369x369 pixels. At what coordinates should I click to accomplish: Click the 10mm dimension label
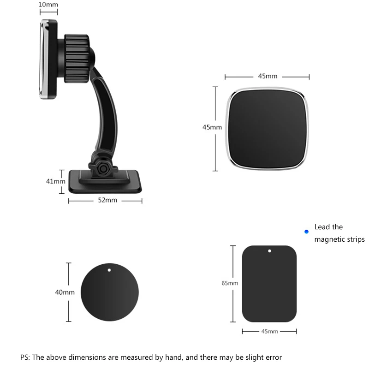coord(48,5)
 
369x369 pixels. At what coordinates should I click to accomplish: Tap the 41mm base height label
coord(55,181)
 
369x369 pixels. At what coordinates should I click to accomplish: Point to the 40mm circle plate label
coord(65,292)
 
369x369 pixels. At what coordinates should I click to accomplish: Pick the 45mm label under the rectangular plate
coord(269,331)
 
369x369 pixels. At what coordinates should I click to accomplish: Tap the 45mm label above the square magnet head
coord(268,76)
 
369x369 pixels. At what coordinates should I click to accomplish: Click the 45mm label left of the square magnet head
coord(212,127)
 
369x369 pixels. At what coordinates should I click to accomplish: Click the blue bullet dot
coord(306,232)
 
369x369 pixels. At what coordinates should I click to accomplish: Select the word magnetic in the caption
coord(329,239)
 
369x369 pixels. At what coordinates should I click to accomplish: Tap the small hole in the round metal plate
coord(109,270)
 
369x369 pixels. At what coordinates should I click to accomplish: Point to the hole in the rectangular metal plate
coord(269,251)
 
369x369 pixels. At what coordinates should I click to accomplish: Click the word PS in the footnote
coord(24,357)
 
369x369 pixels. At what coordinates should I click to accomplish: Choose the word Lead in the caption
coord(322,227)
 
